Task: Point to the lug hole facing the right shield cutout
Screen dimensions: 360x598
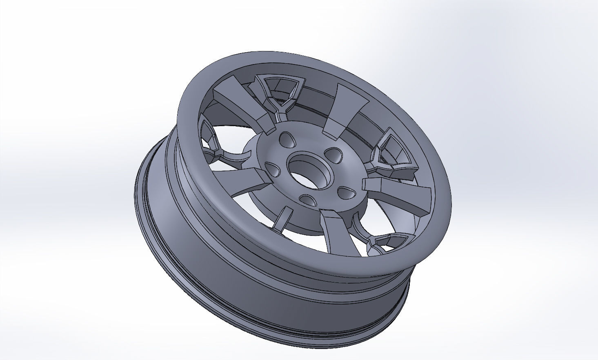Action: point(335,154)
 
